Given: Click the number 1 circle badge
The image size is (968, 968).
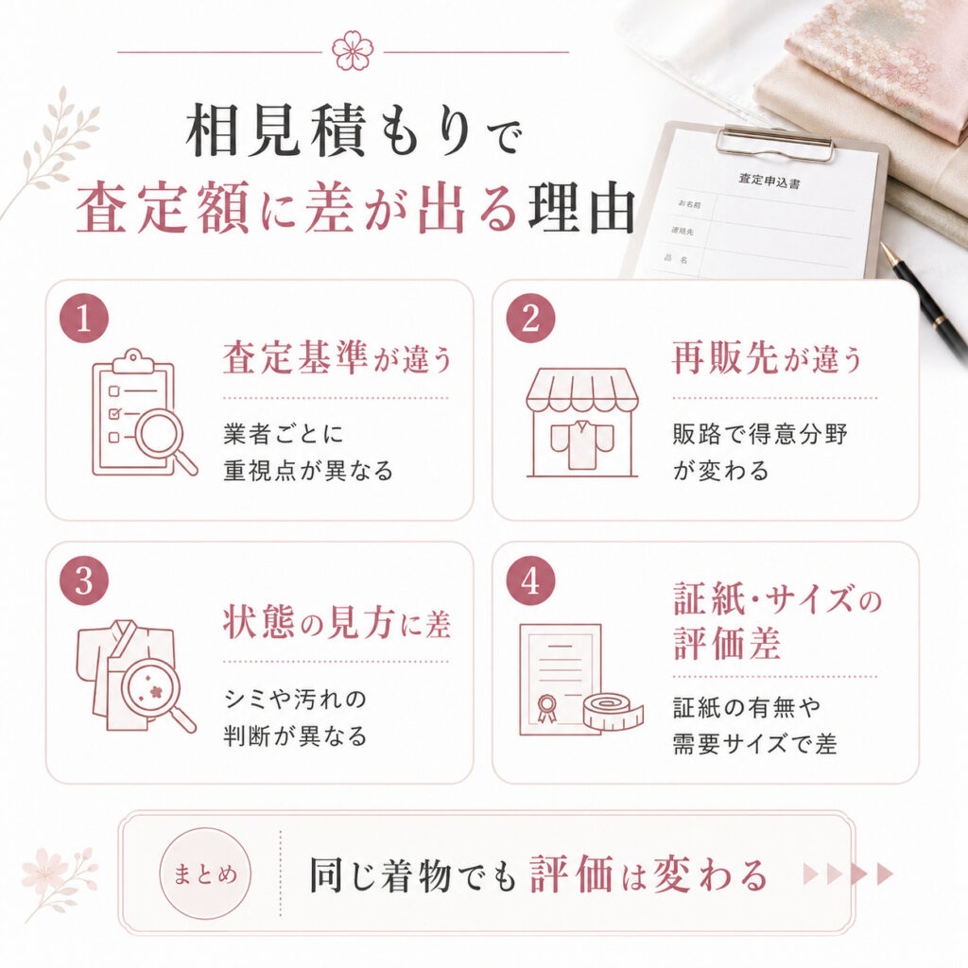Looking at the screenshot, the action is [84, 319].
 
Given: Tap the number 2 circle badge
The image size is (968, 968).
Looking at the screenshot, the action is [530, 319].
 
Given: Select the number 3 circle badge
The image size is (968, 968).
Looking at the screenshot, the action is [84, 581].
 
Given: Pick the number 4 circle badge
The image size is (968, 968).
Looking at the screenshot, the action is [530, 581].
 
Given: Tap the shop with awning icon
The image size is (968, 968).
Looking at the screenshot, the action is [581, 423].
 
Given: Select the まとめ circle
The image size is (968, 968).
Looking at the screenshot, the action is [205, 873].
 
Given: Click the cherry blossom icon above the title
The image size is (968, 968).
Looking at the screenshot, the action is [353, 51].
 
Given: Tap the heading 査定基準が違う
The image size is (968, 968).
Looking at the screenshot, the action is [337, 358].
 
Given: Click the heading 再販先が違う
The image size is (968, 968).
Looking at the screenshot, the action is [767, 358].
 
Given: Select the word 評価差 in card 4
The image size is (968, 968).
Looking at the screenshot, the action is [727, 643].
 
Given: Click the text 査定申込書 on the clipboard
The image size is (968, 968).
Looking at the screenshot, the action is [769, 181].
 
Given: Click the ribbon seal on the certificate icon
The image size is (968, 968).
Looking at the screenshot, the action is [545, 707].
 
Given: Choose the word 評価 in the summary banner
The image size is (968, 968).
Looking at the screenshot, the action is [572, 874].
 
